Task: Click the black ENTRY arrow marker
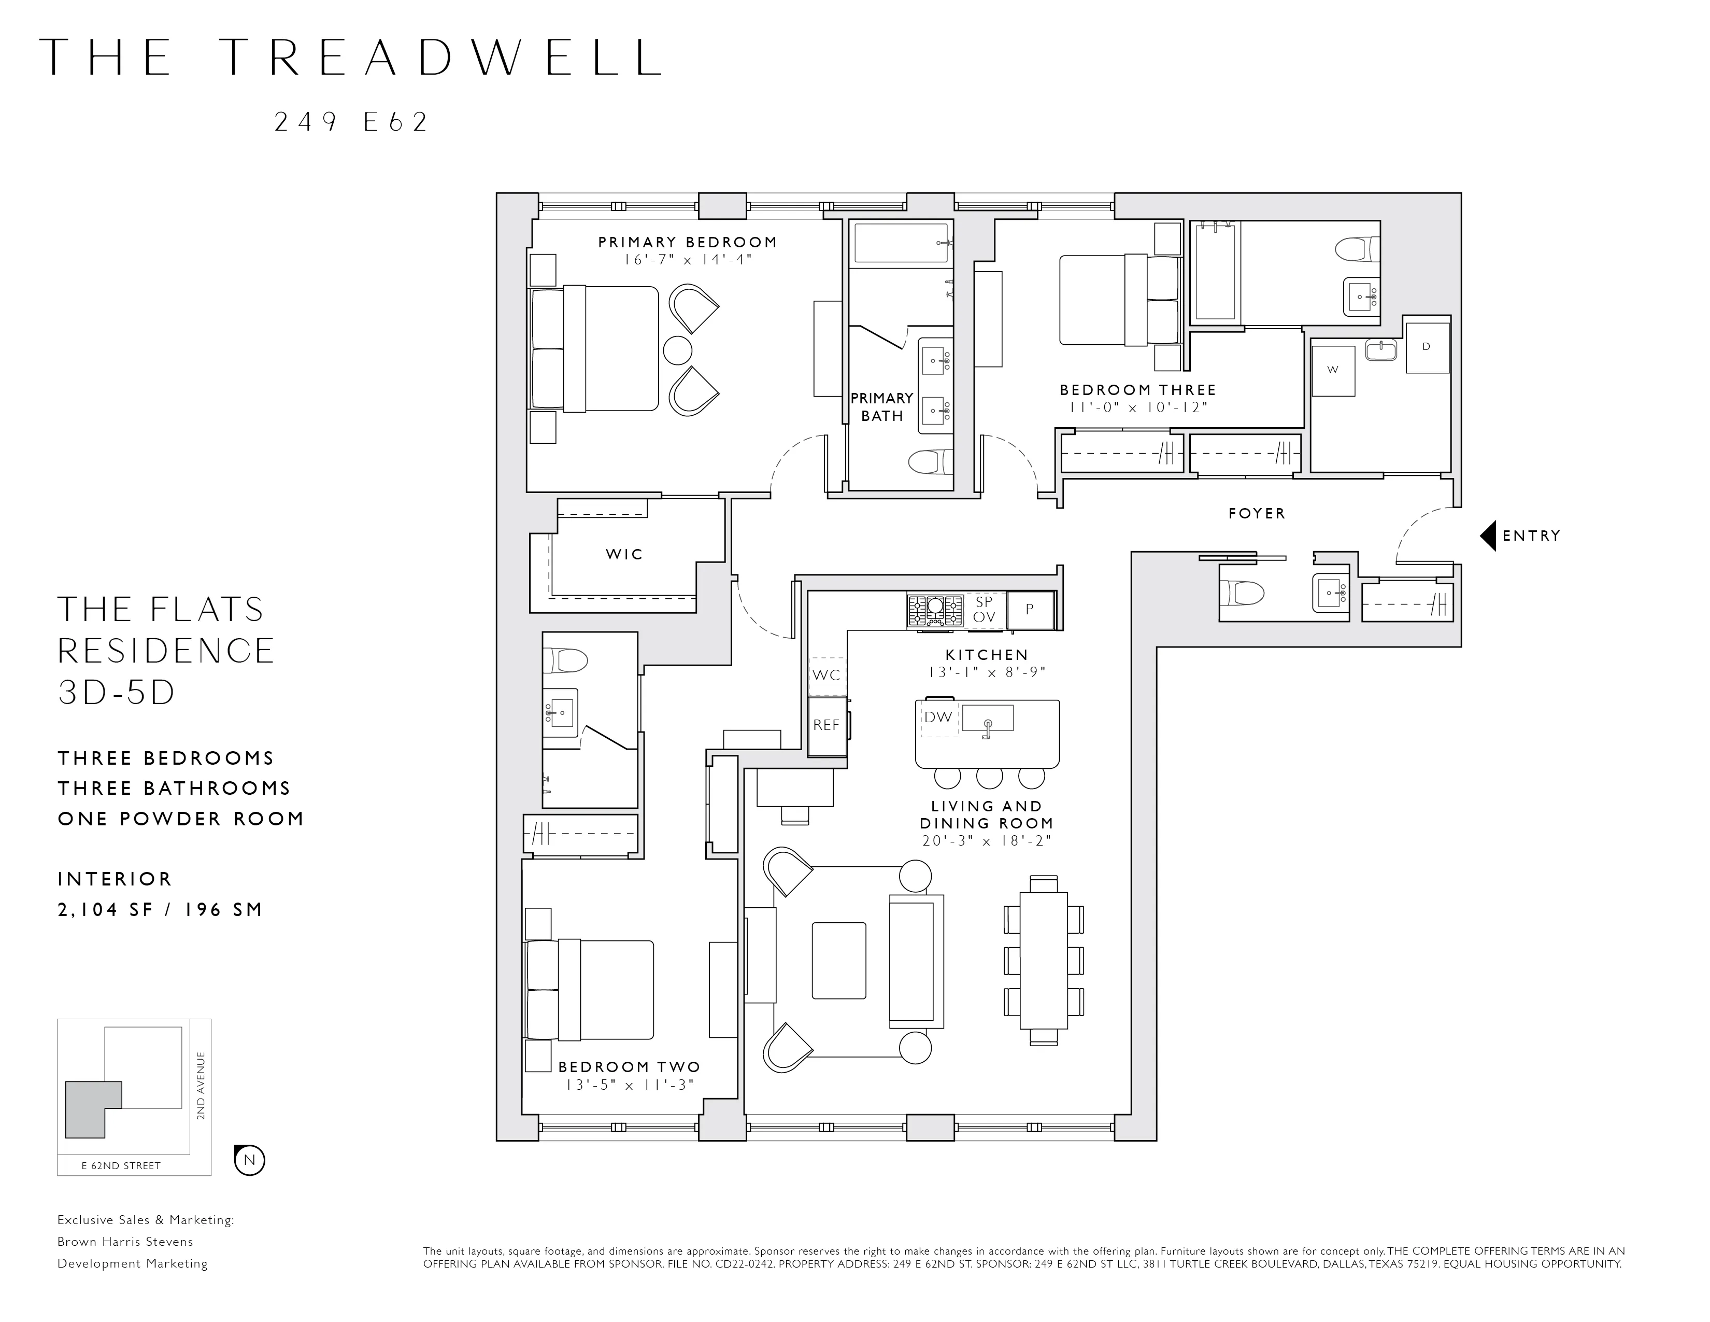coord(1488,536)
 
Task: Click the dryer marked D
coord(1427,347)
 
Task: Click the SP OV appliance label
coord(984,609)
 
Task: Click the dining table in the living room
coord(1044,960)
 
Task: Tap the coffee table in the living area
coord(838,960)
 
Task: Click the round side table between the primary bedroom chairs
coord(677,350)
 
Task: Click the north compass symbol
coord(250,1160)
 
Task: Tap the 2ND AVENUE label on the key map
coord(201,1086)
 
